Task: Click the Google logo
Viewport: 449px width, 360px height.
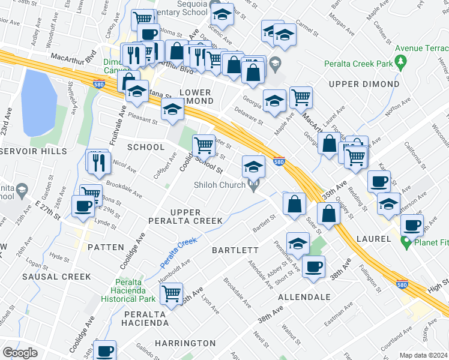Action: point(20,353)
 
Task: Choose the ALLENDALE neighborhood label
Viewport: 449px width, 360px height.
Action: point(304,297)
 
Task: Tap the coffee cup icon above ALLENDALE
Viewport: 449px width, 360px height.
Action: point(313,266)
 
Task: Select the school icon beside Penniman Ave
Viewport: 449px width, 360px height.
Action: point(297,243)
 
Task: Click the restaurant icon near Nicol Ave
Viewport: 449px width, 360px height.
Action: point(97,160)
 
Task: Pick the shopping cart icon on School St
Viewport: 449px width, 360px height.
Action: point(204,145)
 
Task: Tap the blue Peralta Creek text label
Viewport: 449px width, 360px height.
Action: point(178,253)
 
